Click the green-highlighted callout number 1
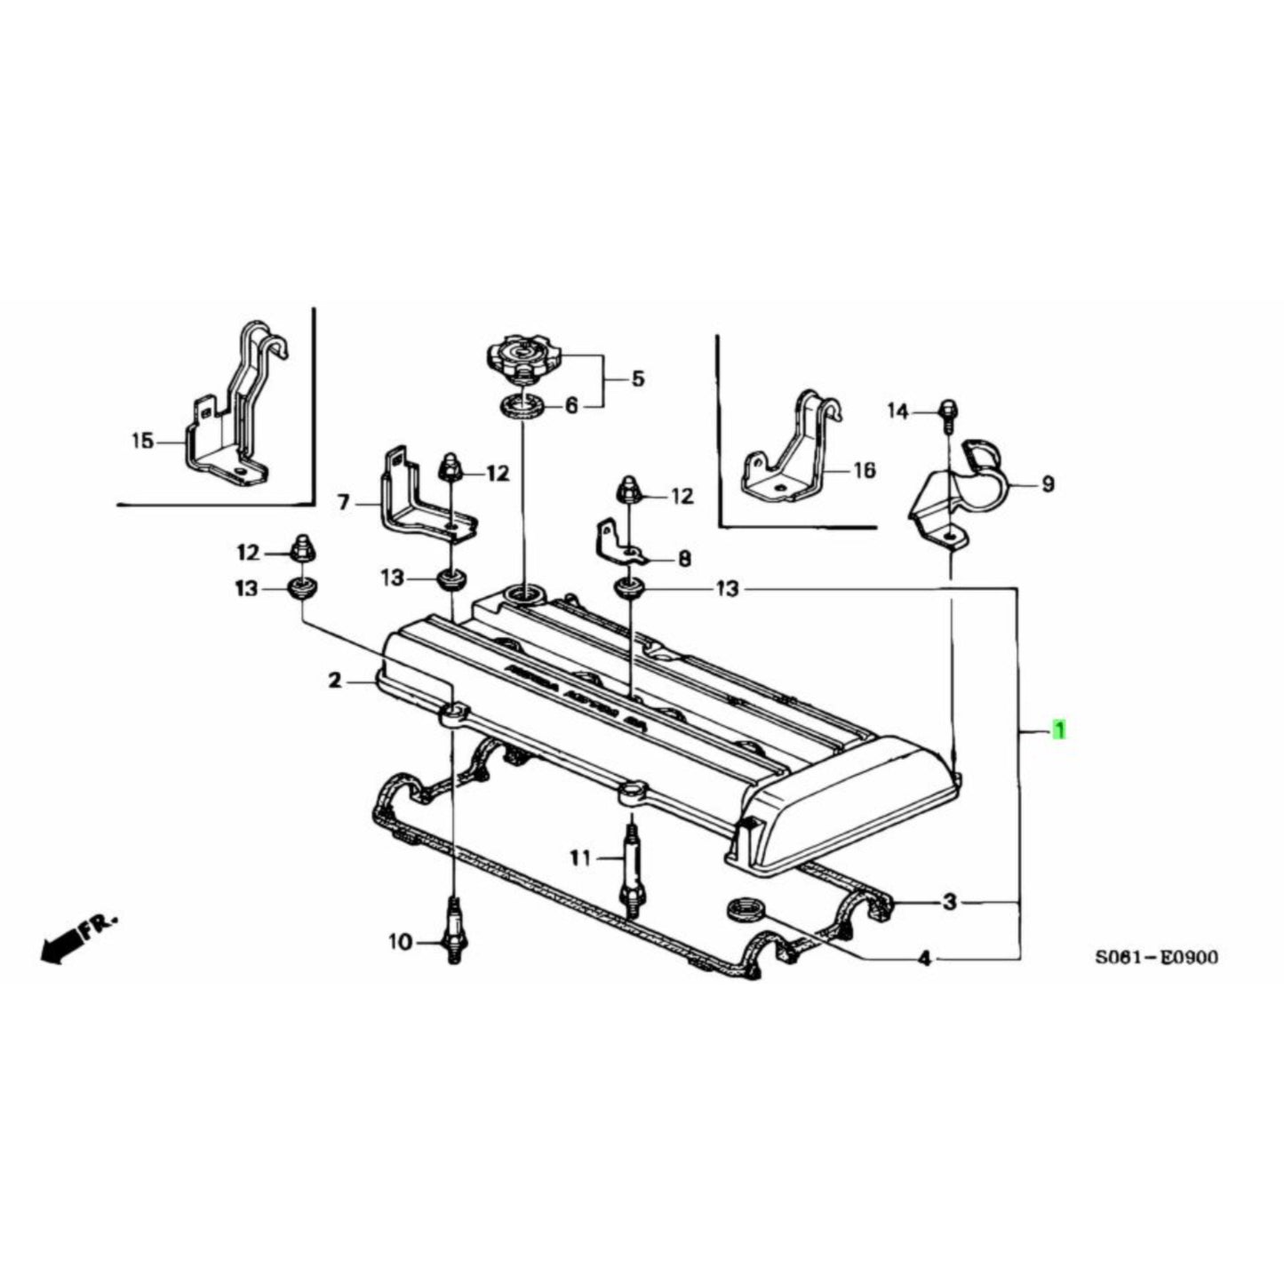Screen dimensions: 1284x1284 pos(1058,730)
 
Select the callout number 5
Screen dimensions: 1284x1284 pos(638,379)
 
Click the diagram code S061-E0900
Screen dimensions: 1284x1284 pos(1156,957)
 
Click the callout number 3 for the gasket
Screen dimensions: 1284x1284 pos(950,903)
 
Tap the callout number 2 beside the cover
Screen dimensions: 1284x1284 pos(334,682)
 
